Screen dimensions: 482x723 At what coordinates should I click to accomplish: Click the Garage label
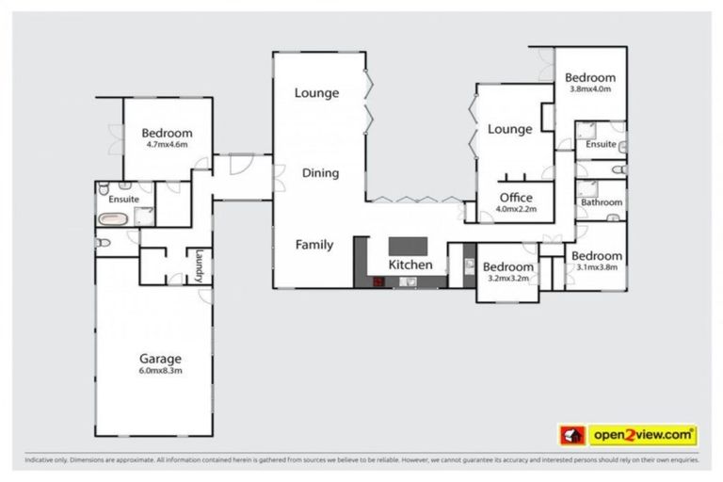(x=160, y=359)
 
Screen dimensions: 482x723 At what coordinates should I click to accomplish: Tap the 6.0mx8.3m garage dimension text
(x=160, y=371)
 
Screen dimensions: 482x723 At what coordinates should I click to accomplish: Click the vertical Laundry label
(x=199, y=265)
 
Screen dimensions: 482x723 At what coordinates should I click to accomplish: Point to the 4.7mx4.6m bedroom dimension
(x=167, y=145)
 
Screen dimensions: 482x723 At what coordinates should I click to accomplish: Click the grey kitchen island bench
(x=409, y=246)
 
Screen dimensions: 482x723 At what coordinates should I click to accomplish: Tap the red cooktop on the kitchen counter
(x=378, y=281)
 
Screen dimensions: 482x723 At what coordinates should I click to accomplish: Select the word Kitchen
(x=411, y=265)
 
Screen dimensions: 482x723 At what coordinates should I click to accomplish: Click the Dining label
(x=320, y=173)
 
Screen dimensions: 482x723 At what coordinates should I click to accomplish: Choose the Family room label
(x=314, y=245)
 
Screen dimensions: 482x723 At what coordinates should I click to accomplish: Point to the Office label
(x=516, y=198)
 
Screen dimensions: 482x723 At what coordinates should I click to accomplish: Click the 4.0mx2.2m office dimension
(x=516, y=209)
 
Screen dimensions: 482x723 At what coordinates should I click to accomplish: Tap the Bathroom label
(x=600, y=202)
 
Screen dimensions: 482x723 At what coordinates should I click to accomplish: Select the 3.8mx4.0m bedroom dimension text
(x=590, y=89)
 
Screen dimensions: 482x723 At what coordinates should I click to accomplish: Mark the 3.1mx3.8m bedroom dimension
(x=597, y=267)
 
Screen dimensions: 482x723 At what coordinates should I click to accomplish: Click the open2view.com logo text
(x=643, y=435)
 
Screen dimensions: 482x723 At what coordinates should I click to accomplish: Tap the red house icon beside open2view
(x=571, y=435)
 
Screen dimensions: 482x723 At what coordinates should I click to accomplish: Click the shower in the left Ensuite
(x=144, y=217)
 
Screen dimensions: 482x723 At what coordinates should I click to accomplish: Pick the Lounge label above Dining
(x=316, y=92)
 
